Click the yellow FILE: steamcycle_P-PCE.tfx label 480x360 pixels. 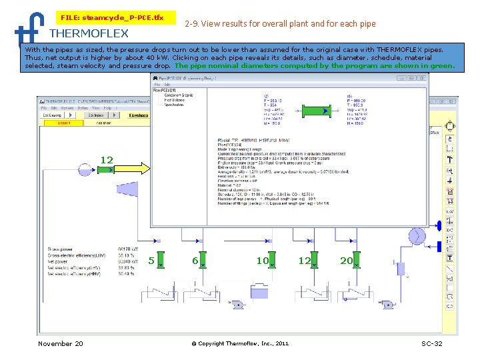tap(112, 17)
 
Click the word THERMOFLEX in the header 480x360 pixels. tap(89, 33)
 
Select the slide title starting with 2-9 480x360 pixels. tap(279, 23)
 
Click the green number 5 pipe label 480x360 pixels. tap(152, 261)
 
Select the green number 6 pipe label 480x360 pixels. tap(195, 261)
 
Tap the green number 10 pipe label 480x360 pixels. tap(263, 261)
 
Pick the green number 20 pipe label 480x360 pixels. tap(346, 261)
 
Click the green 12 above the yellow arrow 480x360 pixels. tap(107, 159)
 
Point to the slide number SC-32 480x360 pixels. tap(432, 343)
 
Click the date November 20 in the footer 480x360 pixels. tap(61, 343)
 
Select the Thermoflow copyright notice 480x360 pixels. tap(240, 343)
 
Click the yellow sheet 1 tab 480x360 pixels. tap(65, 123)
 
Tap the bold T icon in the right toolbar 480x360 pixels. tap(450, 257)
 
